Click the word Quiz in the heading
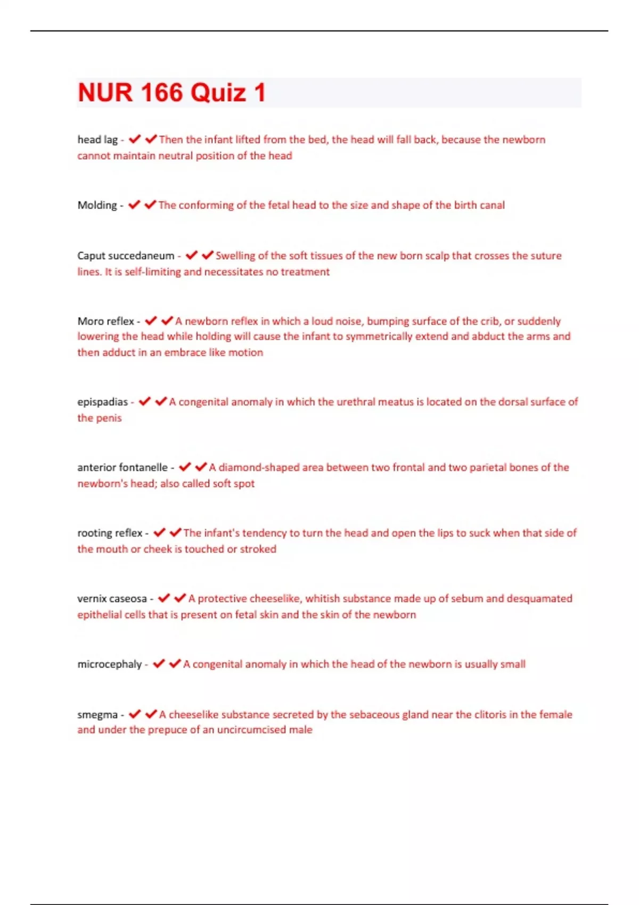click(218, 93)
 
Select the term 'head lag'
click(97, 140)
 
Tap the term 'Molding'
click(97, 205)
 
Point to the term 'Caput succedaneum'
click(126, 256)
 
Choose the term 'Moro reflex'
click(105, 321)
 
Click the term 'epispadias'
click(102, 402)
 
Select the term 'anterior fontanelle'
click(122, 467)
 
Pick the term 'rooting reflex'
click(110, 533)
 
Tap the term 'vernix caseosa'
click(112, 599)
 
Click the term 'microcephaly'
click(109, 664)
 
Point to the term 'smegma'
click(97, 715)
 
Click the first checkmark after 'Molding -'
click(134, 205)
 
